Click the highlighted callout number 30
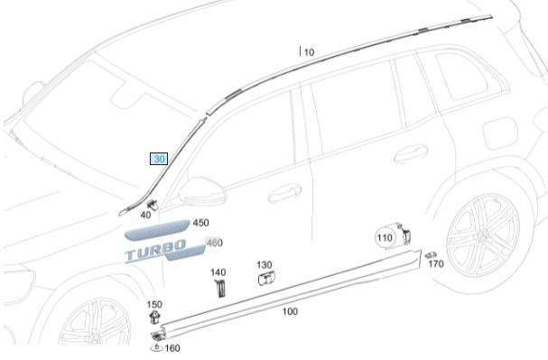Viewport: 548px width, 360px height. [159, 159]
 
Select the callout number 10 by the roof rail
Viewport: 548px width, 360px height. [309, 52]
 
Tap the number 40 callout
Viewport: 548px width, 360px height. [145, 215]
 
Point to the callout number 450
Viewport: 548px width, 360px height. [201, 223]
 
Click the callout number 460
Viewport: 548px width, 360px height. [214, 243]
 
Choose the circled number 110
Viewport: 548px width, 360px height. [385, 238]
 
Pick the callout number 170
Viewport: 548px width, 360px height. [436, 264]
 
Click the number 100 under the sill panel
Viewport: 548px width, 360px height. [290, 311]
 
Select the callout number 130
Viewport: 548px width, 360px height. [265, 265]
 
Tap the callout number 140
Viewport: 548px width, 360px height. [218, 272]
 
